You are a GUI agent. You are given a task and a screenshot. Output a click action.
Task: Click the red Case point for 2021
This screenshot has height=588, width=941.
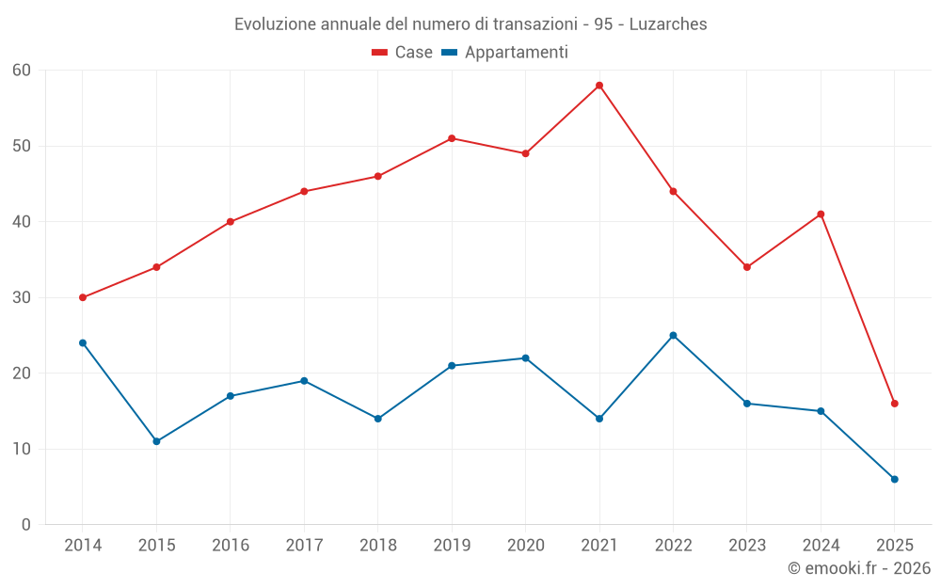(599, 86)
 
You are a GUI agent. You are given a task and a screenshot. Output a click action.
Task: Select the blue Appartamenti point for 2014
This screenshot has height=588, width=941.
(83, 343)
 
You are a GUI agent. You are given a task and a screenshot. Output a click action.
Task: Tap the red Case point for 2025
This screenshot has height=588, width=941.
(895, 404)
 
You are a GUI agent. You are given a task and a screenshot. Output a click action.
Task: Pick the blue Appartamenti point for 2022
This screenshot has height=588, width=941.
(673, 336)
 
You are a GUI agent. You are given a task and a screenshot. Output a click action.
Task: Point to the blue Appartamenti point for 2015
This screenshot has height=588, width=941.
(156, 441)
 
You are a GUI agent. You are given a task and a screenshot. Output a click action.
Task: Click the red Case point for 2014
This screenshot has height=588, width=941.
(83, 297)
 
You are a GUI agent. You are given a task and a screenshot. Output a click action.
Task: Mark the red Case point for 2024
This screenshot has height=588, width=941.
(821, 215)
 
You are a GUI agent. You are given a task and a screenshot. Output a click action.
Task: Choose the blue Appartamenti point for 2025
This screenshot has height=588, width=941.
(895, 480)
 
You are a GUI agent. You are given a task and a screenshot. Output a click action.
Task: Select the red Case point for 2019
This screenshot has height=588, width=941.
(452, 138)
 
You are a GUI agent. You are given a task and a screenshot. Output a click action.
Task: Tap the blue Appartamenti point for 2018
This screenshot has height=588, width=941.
(378, 419)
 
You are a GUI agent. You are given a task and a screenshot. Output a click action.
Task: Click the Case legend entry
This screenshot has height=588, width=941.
(402, 53)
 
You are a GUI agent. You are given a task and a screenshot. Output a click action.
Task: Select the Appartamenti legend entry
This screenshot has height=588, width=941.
(505, 53)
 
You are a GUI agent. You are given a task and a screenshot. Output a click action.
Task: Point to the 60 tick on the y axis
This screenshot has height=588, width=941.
(22, 71)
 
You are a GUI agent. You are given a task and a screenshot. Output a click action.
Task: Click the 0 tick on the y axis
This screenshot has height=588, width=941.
(26, 525)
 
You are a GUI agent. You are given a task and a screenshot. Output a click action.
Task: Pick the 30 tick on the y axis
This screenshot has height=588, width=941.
(22, 297)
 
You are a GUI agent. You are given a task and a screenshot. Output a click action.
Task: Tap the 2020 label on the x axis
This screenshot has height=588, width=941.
(525, 546)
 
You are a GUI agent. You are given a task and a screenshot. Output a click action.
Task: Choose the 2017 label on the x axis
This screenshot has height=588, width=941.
(304, 546)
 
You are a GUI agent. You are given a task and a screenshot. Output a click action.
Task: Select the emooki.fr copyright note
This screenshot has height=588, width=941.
(858, 568)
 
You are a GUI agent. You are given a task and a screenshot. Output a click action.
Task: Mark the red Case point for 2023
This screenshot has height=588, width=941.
(747, 267)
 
